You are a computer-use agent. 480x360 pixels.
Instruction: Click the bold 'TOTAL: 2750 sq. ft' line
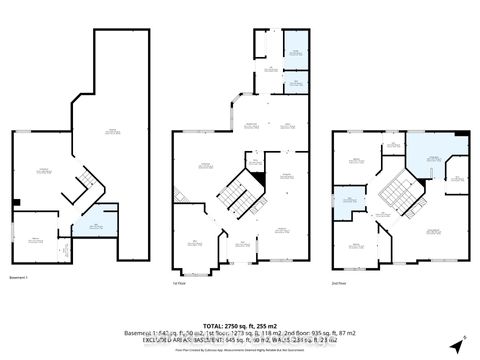[x=239, y=326]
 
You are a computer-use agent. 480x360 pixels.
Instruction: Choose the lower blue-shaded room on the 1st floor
[x=295, y=80]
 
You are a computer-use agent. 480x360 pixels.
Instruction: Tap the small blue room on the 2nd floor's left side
[x=350, y=200]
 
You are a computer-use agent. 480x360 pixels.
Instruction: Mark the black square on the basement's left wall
[x=17, y=202]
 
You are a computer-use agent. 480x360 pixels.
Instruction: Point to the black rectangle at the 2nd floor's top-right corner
[x=461, y=135]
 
